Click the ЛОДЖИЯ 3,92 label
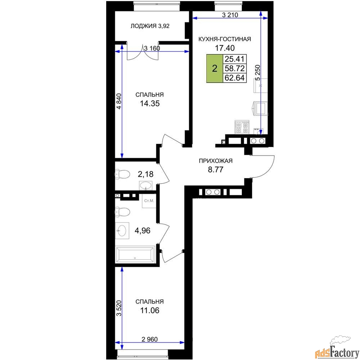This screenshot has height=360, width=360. (150, 26)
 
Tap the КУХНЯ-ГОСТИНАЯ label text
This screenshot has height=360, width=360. (225, 39)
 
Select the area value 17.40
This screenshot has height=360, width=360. (225, 48)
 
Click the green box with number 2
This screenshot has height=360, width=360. (215, 68)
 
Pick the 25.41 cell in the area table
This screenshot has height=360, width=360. (235, 59)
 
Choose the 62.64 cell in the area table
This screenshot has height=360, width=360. (235, 78)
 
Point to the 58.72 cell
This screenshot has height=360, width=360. (235, 68)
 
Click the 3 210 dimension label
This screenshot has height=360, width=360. (230, 15)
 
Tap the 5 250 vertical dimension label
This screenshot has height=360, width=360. (258, 73)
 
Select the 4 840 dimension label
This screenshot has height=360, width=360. (119, 102)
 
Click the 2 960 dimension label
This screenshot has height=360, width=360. (150, 339)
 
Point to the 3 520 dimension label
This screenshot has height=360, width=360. (119, 309)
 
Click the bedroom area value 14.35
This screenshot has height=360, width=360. (150, 104)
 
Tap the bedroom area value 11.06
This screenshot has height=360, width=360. (150, 310)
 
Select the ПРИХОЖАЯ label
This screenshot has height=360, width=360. (216, 161)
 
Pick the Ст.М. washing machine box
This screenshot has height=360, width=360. (149, 201)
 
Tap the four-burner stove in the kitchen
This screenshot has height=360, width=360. (242, 127)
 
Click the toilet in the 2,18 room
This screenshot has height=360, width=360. (122, 174)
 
